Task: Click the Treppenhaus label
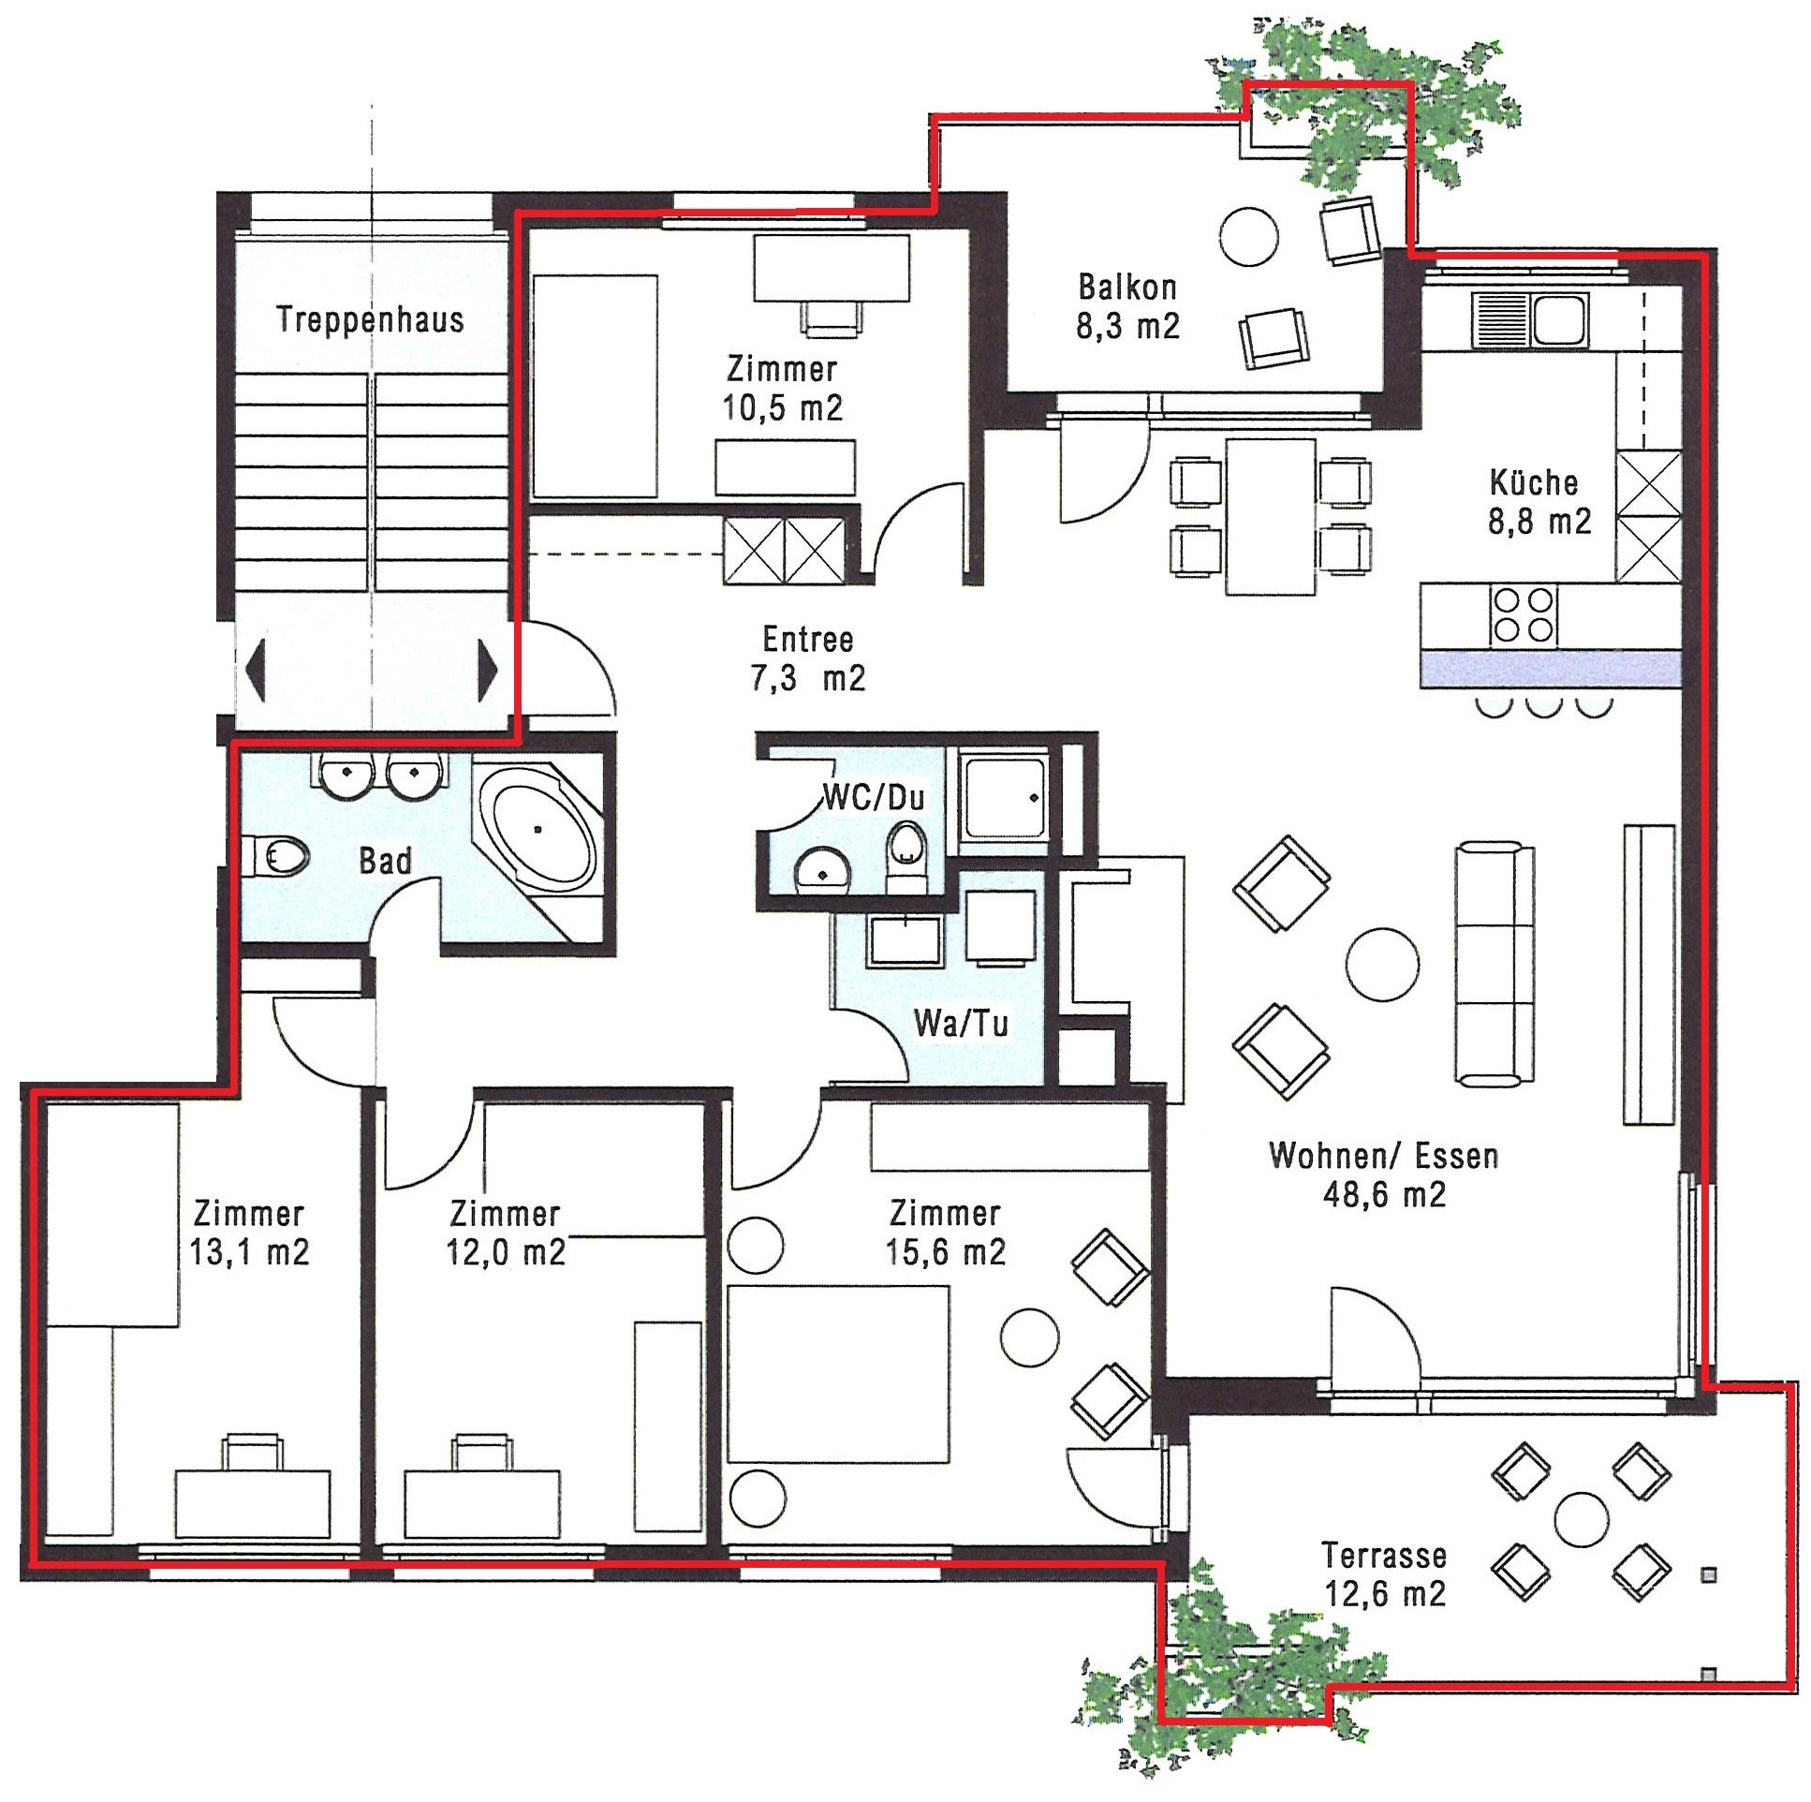tap(370, 319)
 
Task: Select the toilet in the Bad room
tap(282, 855)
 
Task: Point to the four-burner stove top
tap(1524, 614)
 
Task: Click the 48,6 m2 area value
tap(1384, 1194)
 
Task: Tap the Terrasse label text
tap(1384, 1556)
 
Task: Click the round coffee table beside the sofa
tap(1382, 965)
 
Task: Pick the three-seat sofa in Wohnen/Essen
tap(1494, 965)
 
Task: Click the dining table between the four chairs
tap(1270, 517)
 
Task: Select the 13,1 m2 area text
tap(249, 1252)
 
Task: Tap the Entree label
tap(808, 640)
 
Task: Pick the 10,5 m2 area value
tap(782, 407)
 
